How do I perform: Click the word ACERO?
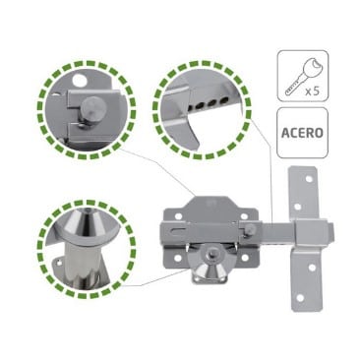tap(302, 133)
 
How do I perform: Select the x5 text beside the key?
tap(312, 90)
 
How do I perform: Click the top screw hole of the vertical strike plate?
tap(309, 179)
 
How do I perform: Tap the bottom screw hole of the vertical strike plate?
tap(300, 298)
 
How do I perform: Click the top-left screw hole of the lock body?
tap(178, 216)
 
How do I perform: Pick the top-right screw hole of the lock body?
tap(244, 216)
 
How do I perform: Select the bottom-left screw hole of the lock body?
tap(178, 258)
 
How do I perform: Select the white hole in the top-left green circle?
tap(79, 79)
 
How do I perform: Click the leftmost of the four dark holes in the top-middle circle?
tap(193, 107)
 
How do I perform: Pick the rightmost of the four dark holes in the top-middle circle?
tap(224, 98)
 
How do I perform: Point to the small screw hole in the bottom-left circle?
tap(59, 263)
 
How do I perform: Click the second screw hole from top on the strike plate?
tap(298, 207)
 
